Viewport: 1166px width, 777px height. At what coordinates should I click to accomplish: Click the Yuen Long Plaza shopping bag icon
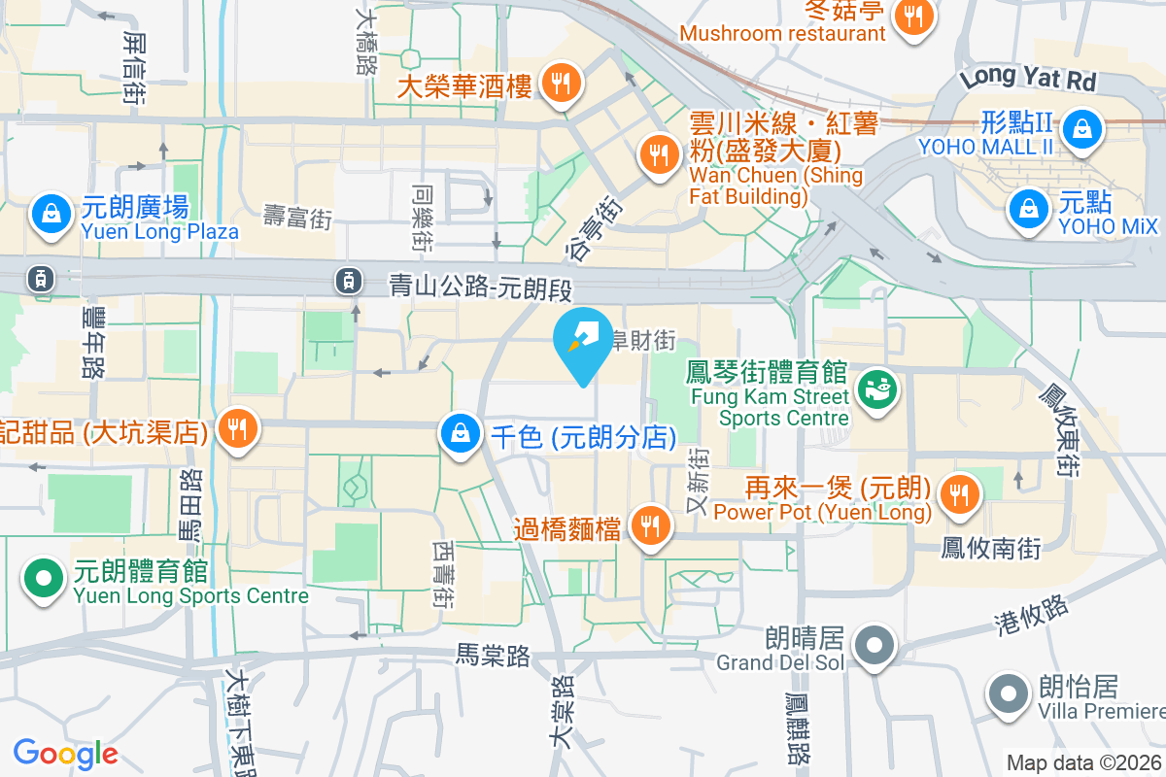(50, 217)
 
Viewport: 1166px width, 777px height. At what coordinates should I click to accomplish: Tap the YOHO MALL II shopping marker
(1080, 129)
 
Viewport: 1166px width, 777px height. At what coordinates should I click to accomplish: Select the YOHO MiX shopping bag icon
(1028, 209)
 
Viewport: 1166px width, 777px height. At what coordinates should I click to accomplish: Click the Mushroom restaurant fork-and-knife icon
(912, 17)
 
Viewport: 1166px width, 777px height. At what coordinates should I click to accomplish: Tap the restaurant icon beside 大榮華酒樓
(560, 84)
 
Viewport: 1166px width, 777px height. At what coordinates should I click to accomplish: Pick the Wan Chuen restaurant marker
(659, 155)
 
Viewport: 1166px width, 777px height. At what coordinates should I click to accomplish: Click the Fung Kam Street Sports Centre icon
(877, 390)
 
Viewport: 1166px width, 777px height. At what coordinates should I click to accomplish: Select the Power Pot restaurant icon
(959, 495)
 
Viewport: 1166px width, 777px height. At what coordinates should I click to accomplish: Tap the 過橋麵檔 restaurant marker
(648, 527)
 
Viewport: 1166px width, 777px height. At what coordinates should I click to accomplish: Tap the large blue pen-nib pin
(583, 340)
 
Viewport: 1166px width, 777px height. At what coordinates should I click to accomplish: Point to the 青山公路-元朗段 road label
(477, 287)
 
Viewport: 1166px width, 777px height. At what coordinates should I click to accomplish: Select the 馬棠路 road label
(494, 657)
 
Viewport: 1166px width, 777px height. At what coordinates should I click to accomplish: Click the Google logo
(66, 754)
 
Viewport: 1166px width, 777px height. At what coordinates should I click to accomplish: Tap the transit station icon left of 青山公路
(347, 281)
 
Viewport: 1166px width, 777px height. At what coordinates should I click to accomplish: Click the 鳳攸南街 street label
(991, 549)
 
